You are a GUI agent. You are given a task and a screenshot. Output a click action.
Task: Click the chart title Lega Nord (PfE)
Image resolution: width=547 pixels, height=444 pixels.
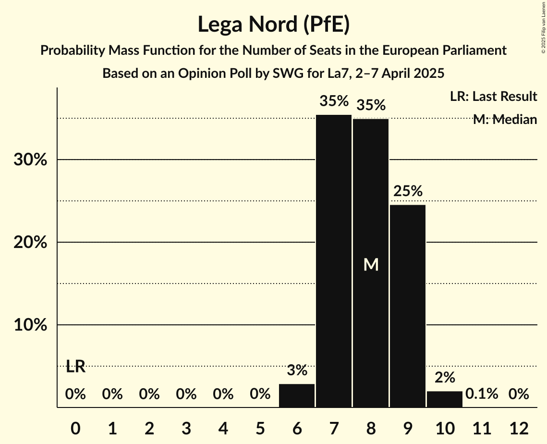coord(273,25)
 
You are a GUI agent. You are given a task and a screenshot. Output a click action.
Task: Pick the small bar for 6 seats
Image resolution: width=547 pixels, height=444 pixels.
coord(297,395)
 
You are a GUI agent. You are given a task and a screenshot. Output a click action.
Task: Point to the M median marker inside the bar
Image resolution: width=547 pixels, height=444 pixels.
coord(371,265)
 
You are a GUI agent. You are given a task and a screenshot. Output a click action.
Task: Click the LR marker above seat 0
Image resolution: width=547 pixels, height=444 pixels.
coord(75,367)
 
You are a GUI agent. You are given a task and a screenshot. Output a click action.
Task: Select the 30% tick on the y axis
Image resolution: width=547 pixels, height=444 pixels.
coord(30,160)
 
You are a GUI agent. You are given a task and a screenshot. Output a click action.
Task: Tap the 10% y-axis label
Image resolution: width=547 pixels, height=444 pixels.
coord(30,325)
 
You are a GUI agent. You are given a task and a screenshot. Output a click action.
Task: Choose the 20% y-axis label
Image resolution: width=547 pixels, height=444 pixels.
coord(30,243)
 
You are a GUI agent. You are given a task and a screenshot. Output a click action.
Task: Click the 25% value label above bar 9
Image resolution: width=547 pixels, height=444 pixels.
coord(408,191)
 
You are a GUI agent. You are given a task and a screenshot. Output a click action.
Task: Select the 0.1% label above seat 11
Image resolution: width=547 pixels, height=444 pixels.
coord(482,395)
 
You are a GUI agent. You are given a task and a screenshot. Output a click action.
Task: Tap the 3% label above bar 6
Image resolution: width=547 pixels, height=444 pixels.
coord(297,370)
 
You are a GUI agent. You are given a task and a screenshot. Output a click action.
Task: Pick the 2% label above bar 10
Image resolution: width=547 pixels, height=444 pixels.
coord(445,378)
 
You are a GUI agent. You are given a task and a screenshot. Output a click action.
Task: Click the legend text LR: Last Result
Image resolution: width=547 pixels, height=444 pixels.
coord(493,97)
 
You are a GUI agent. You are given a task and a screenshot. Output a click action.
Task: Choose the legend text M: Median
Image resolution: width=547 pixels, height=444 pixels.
coord(505,120)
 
